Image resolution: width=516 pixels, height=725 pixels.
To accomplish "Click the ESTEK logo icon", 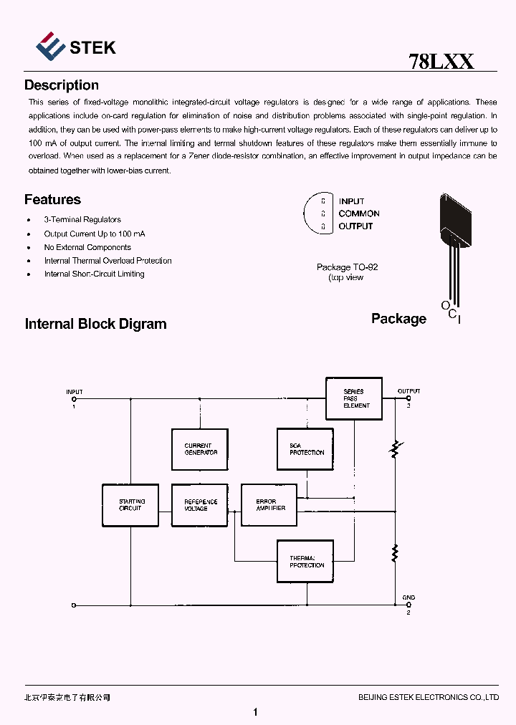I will [x=49, y=46].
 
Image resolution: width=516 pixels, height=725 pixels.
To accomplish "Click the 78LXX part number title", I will [x=441, y=61].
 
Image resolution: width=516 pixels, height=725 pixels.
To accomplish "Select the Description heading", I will [x=62, y=85].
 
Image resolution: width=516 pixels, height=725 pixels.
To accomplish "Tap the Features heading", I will [x=52, y=200].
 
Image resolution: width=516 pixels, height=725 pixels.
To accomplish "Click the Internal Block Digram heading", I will [x=95, y=324].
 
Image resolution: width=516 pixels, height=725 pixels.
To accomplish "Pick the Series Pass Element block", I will [x=354, y=398].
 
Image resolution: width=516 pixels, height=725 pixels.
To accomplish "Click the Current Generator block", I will [x=200, y=449].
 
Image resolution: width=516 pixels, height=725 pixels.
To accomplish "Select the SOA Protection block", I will [x=305, y=449].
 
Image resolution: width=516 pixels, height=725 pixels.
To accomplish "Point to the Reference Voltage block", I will [x=200, y=505].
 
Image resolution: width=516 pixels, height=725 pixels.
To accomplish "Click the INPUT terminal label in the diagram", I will [x=74, y=392].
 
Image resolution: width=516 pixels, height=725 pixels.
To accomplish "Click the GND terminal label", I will [x=408, y=597].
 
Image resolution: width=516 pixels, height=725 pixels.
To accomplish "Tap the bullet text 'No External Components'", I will [x=87, y=247].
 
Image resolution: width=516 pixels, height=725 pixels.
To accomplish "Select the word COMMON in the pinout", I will [x=359, y=213].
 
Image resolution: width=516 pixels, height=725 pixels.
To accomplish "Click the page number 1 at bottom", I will [x=256, y=712].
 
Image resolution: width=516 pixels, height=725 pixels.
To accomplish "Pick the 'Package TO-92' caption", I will [x=347, y=267].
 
